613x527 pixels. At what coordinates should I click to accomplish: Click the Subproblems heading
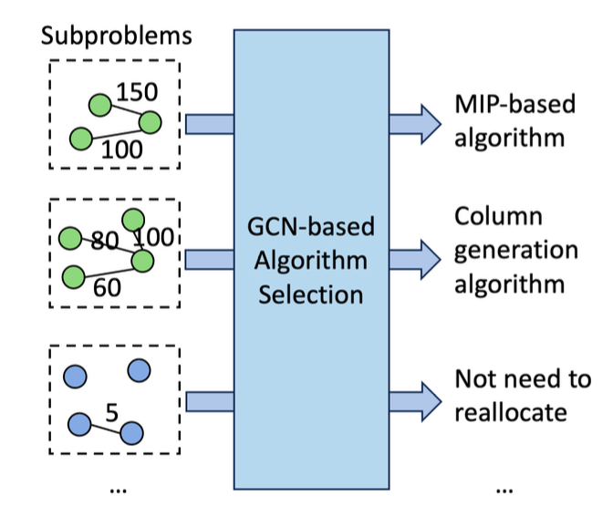coord(117,36)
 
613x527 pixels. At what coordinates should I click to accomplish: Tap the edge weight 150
coord(137,92)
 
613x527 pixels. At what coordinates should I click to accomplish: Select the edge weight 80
coord(105,240)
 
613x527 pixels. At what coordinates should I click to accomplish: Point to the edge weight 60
coord(107,287)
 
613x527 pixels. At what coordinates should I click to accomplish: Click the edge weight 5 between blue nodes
coord(112,412)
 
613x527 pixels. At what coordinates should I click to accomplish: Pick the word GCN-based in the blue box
coord(311,227)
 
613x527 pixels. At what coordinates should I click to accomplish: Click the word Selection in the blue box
coord(311,294)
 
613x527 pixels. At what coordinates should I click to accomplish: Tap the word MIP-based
coord(515,104)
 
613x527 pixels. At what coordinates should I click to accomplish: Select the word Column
coord(498,216)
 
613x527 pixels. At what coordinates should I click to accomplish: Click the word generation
coord(516,251)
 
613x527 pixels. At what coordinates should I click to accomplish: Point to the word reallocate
coord(511,412)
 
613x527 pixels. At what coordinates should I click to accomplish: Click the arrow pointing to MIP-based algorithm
coord(415,124)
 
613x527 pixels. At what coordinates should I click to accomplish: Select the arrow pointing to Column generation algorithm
coord(415,260)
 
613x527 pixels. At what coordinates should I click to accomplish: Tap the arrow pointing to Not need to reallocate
coord(415,401)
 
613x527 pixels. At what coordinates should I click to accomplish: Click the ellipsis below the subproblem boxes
coord(118,491)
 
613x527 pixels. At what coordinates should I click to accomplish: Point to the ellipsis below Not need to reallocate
coord(504,491)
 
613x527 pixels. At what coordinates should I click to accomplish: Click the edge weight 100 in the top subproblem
coord(122,150)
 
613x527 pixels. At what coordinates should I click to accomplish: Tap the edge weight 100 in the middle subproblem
coord(153,237)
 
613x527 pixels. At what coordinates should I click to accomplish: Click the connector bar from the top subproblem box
coord(210,124)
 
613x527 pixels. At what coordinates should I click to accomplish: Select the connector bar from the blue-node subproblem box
coord(210,401)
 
